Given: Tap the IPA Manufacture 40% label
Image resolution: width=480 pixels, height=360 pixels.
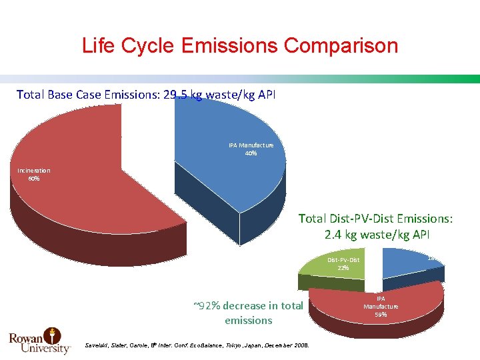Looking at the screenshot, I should (x=251, y=149).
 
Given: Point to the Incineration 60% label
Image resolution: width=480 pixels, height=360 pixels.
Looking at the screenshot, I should (x=33, y=174).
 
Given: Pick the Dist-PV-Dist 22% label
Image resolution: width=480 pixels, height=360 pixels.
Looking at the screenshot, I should (x=343, y=263).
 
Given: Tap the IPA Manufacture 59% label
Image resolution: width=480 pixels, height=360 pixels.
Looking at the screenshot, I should (x=381, y=306).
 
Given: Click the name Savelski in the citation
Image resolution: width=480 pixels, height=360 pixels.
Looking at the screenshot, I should (x=97, y=345).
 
